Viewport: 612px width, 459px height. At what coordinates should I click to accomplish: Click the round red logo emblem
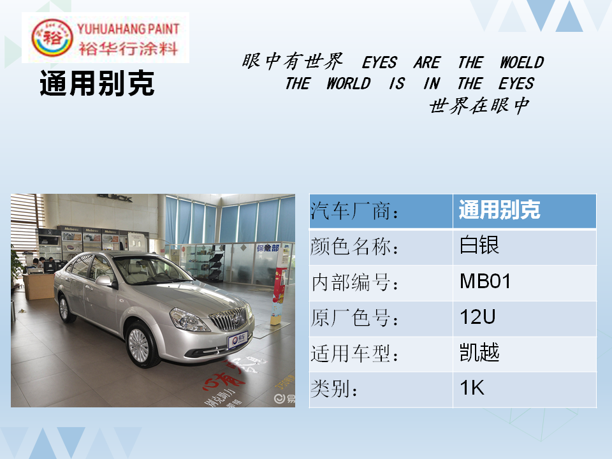[x=52, y=38]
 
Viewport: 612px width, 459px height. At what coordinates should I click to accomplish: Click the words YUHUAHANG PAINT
[x=128, y=29]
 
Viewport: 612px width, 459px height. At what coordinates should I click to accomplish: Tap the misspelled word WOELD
[x=522, y=62]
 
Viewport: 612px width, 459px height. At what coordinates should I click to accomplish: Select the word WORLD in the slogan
[x=349, y=84]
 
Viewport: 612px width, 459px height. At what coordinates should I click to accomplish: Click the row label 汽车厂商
[x=354, y=211]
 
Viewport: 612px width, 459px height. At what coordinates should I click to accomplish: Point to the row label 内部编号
[x=354, y=282]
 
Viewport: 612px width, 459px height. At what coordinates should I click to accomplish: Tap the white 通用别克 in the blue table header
[x=499, y=210]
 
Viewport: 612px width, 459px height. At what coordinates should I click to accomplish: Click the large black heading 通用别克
[x=97, y=83]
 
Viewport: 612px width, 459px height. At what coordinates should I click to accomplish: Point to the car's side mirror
[x=105, y=280]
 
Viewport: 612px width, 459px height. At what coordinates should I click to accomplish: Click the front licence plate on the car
[x=238, y=340]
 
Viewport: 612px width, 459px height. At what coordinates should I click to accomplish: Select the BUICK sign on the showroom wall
[x=115, y=198]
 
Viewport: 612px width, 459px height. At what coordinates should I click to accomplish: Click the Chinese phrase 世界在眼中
[x=479, y=105]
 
